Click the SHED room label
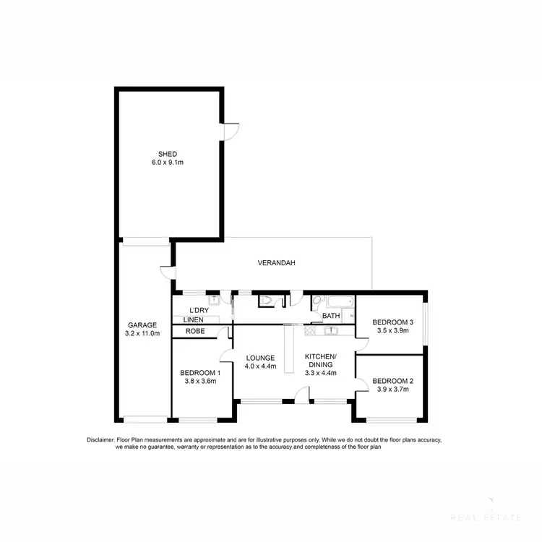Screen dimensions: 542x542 click(168, 154)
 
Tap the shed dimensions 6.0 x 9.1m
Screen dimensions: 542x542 click(168, 163)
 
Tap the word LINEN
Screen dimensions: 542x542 click(192, 320)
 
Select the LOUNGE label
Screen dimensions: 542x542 click(260, 358)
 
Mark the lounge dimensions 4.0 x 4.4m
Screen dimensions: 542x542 click(260, 366)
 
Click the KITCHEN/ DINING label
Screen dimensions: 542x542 click(319, 361)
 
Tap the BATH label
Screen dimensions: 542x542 click(331, 316)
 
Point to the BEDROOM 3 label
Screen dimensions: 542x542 click(393, 322)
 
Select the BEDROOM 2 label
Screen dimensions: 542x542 click(393, 381)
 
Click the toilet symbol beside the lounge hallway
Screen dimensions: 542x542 click(266, 301)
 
